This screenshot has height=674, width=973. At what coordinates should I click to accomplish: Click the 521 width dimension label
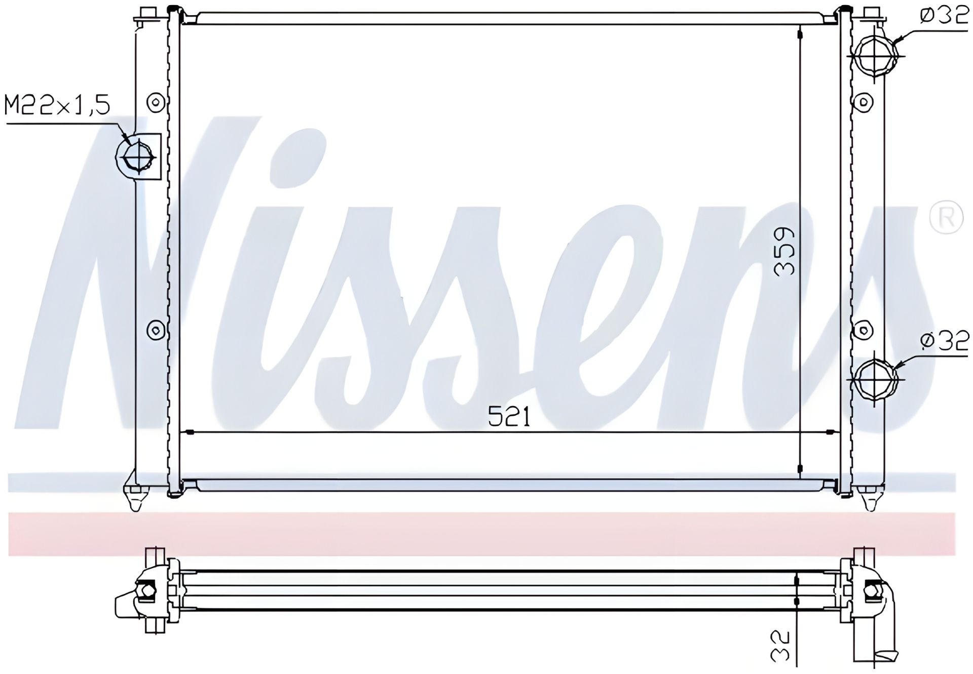coord(509,416)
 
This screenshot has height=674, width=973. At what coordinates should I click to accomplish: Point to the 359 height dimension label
coord(784,251)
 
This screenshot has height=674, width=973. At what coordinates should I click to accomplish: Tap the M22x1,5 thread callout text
coord(57,106)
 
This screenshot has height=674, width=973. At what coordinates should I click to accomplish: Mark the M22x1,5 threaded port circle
coord(135,157)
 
